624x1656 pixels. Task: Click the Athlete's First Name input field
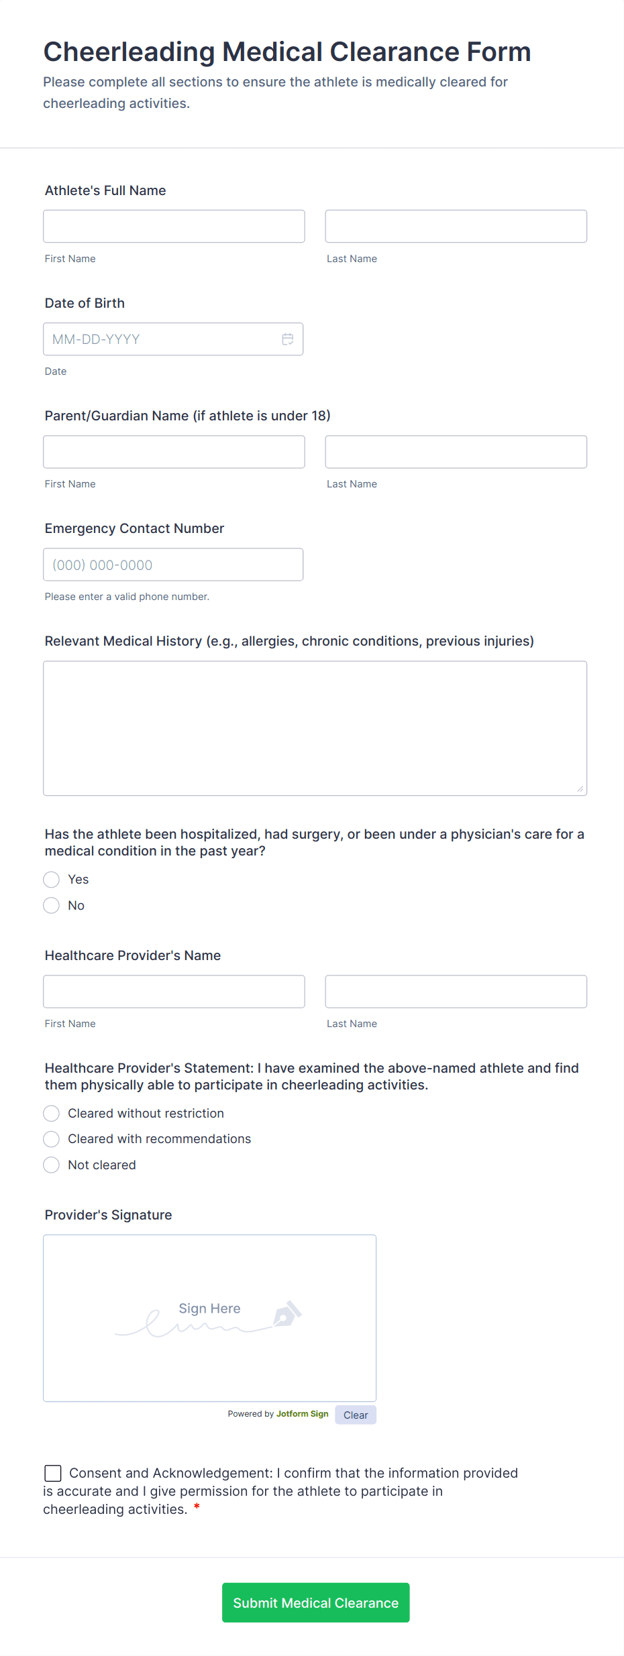tap(174, 227)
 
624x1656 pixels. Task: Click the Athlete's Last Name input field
tap(456, 227)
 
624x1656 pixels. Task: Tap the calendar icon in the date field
tap(288, 339)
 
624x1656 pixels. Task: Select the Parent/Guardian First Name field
tap(174, 452)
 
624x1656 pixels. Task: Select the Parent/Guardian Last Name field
tap(456, 452)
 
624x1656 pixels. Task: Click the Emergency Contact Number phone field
tap(173, 565)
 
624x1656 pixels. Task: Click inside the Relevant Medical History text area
tap(315, 728)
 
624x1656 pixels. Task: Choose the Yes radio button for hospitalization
tap(52, 880)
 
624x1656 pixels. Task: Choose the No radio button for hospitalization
tap(52, 906)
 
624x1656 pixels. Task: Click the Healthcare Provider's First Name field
tap(174, 992)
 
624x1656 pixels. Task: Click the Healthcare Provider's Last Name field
tap(456, 992)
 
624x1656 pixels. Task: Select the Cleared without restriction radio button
tap(52, 1114)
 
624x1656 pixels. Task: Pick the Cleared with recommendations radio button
tap(52, 1139)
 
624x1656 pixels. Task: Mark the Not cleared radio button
tap(52, 1165)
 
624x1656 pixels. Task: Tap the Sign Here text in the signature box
tap(209, 1309)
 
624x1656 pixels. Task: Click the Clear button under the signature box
tap(356, 1415)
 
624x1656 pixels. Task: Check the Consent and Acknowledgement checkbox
tap(53, 1473)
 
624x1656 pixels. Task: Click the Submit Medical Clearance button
tap(315, 1602)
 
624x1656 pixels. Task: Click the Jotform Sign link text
tap(303, 1414)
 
